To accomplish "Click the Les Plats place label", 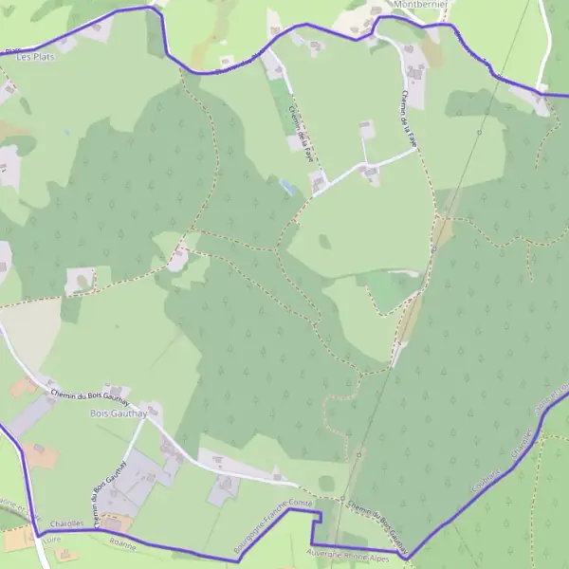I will coord(36,57).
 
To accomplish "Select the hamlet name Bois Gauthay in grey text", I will coord(112,414).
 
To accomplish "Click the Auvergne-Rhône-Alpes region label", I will coord(356,554).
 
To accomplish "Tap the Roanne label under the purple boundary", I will coord(122,546).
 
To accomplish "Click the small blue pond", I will coord(286,186).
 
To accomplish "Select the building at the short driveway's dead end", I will coord(365,127).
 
